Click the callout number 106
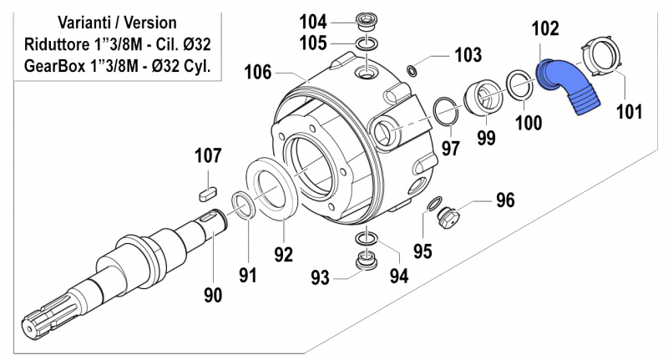coord(258,73)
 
